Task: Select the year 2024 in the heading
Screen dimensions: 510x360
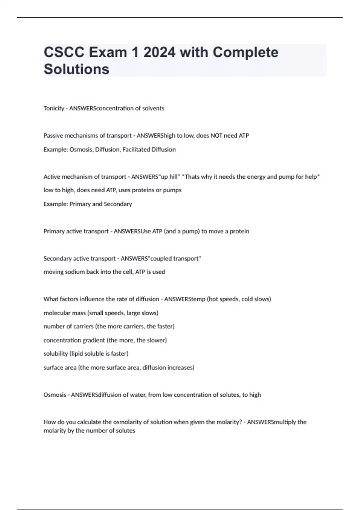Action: tap(159, 52)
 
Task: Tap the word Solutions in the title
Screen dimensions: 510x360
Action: tap(76, 69)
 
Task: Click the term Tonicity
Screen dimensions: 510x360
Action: tap(54, 108)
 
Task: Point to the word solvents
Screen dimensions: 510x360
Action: tap(153, 108)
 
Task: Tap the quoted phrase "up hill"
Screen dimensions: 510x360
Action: tap(169, 177)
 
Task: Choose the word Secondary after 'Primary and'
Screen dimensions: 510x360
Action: tap(118, 204)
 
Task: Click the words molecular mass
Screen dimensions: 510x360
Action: tap(64, 313)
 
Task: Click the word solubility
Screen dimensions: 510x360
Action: tap(55, 354)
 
